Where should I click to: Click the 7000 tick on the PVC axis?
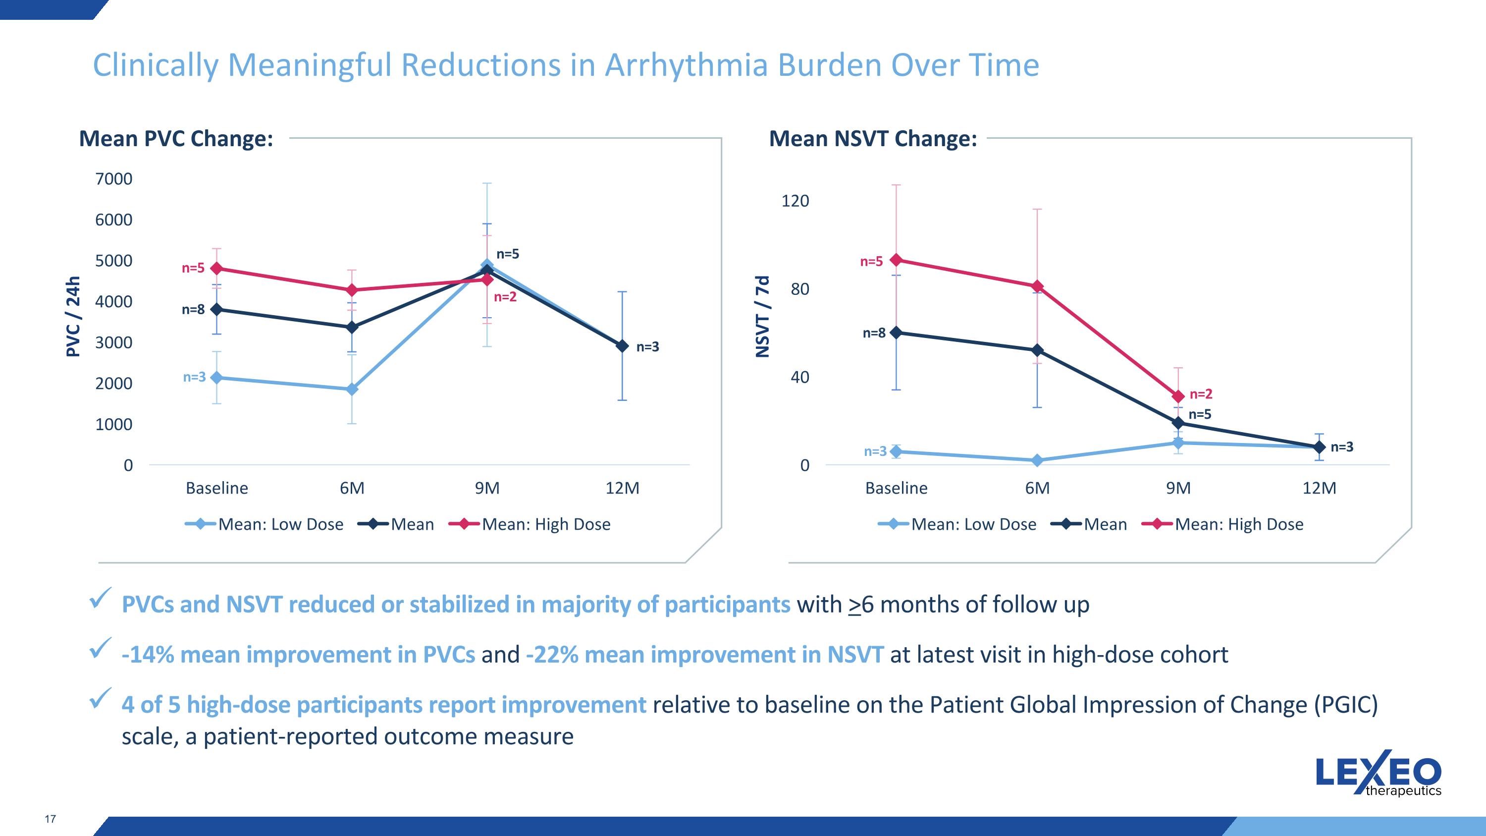coord(113,179)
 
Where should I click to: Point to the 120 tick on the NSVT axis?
coord(795,201)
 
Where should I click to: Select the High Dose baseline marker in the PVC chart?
coord(217,268)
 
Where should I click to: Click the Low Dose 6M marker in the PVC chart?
coord(352,390)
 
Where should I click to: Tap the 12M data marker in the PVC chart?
coord(622,346)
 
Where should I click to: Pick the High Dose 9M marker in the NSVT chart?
coord(1178,396)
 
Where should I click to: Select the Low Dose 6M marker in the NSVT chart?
coord(1037,460)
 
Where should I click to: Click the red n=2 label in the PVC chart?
coord(505,297)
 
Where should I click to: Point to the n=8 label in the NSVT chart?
coord(873,333)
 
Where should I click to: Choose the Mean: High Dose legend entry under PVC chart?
coord(546,524)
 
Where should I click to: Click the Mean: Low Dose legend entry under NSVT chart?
coord(973,524)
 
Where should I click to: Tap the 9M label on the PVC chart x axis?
coord(487,488)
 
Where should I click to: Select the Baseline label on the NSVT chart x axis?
coord(896,488)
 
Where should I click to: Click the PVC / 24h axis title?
coord(73,317)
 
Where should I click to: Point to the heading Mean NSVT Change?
coord(873,139)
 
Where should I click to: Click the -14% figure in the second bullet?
coord(148,655)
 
